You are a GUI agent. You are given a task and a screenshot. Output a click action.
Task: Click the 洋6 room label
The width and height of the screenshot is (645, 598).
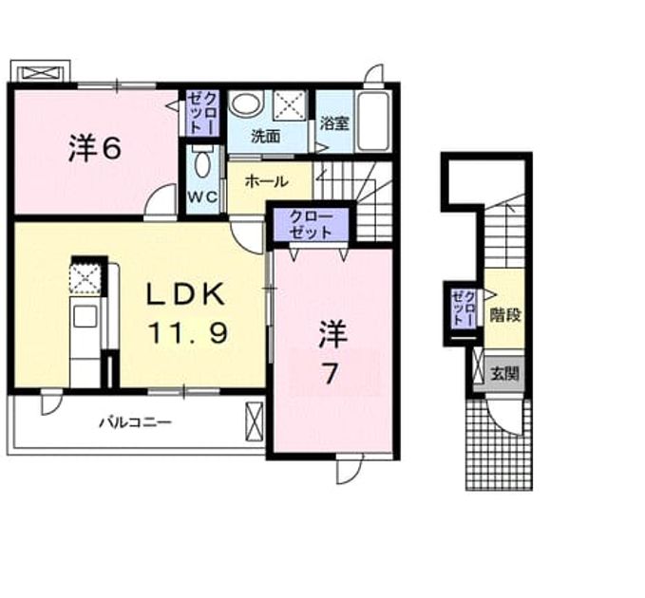point(95,149)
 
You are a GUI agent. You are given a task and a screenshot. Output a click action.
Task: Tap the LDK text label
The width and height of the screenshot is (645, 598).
point(186,294)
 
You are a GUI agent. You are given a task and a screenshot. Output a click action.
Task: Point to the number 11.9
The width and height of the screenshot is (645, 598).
point(187,333)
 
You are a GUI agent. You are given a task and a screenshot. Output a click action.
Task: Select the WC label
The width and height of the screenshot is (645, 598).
point(202,197)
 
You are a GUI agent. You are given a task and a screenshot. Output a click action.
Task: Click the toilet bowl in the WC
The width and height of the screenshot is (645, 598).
point(202,163)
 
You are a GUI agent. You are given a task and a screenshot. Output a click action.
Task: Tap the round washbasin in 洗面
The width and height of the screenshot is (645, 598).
point(246,103)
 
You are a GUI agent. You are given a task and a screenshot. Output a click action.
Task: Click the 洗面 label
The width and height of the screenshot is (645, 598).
point(266,137)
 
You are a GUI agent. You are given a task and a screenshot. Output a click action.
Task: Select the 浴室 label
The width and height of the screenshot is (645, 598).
point(334,123)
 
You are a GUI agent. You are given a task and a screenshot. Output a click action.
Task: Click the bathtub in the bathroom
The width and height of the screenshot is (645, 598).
point(373,121)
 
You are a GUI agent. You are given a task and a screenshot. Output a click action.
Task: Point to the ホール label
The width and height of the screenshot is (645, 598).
point(267,181)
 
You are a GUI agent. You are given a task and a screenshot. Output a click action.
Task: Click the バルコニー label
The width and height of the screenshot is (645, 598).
point(135,422)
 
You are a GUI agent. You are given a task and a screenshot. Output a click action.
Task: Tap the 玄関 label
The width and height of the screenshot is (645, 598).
point(505,374)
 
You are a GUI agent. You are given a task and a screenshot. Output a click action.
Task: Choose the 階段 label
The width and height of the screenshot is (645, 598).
point(505,315)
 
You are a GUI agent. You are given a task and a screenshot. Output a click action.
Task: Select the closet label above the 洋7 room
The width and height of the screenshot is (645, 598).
point(311,224)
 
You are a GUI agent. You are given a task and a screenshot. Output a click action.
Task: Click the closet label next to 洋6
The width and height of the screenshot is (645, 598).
point(201,112)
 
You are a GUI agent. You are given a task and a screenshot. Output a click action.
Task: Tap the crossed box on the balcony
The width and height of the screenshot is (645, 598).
point(255,421)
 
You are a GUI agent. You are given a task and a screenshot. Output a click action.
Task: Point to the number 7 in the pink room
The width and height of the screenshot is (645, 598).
point(331,374)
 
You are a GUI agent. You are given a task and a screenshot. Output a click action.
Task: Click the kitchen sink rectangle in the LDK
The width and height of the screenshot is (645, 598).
point(85,317)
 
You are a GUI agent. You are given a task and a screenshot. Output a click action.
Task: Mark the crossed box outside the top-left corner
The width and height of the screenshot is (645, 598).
point(40,74)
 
